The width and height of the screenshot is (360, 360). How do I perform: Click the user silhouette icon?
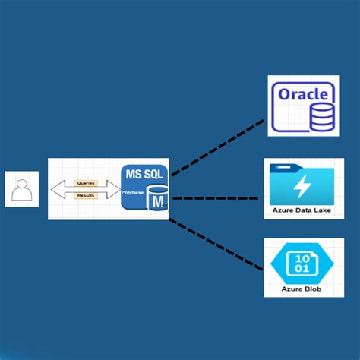tap(21, 189)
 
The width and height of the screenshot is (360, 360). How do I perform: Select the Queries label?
tap(86, 183)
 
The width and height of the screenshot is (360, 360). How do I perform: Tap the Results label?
tap(86, 196)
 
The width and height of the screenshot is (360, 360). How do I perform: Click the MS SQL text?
tap(144, 174)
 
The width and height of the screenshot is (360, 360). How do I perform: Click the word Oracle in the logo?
tap(303, 95)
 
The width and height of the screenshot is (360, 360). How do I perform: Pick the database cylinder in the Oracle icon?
tap(321, 115)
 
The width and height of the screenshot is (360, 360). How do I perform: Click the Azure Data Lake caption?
tap(303, 210)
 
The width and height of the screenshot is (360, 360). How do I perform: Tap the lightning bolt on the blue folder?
tap(302, 186)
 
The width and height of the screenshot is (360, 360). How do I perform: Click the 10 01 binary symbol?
tap(302, 264)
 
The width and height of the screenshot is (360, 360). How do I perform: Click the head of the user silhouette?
tap(21, 183)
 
